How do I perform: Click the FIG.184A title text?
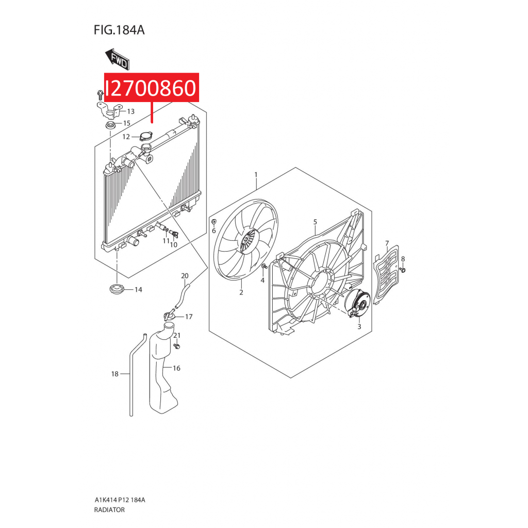119,30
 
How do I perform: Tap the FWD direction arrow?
118,59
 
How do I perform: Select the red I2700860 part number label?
152,88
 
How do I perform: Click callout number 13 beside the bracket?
130,111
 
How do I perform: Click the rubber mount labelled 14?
117,289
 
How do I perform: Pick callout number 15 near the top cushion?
127,123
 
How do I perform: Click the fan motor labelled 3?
358,303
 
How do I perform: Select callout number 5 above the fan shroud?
315,222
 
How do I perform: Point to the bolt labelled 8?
403,269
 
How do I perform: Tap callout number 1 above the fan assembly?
256,174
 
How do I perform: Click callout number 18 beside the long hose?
115,374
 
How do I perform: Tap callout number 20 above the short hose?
185,276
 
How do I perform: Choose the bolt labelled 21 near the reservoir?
177,346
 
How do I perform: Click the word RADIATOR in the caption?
109,510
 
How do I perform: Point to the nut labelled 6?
213,222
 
